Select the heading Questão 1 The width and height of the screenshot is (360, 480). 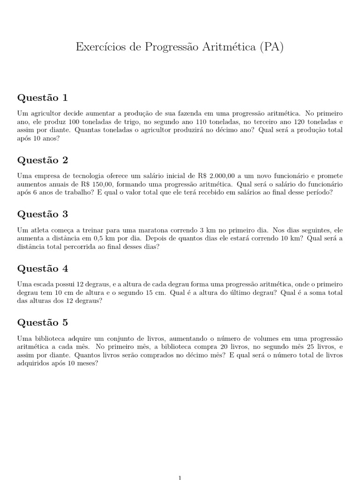pyautogui.click(x=43, y=98)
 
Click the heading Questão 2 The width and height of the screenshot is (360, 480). pyautogui.click(x=43, y=160)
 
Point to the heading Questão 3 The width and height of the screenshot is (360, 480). pyautogui.click(x=43, y=214)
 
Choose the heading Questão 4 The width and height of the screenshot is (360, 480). pyautogui.click(x=43, y=269)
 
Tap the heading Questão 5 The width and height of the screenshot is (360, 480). pyautogui.click(x=43, y=322)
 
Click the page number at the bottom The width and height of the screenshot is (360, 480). pyautogui.click(x=180, y=477)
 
